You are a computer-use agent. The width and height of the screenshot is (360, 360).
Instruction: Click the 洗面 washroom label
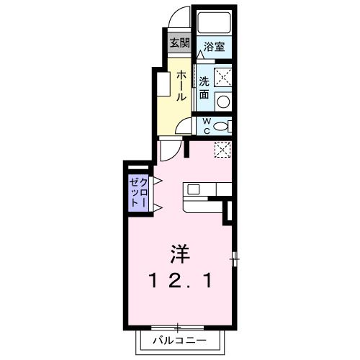(x=204, y=87)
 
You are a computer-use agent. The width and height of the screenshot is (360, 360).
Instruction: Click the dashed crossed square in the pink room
(x=222, y=150)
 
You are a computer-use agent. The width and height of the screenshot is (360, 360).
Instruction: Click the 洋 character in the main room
(x=180, y=254)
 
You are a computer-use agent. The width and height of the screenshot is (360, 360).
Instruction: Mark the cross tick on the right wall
(x=235, y=258)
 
